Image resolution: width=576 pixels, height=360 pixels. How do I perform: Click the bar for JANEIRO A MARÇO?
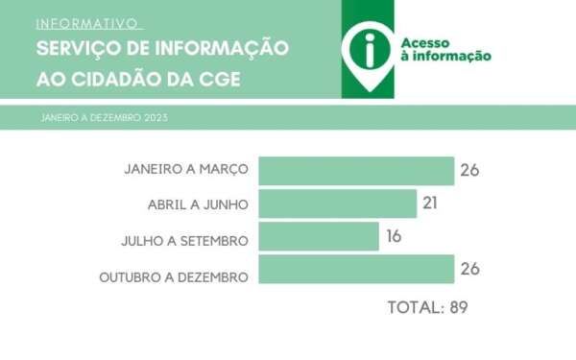(356, 170)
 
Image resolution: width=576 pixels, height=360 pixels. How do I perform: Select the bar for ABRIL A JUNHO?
(338, 204)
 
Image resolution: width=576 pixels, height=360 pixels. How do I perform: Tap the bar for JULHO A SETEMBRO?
(319, 236)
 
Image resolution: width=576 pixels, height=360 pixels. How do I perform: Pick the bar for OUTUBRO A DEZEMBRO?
(356, 270)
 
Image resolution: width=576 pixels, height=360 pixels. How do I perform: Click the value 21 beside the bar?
(431, 204)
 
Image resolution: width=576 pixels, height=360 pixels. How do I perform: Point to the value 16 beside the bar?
(393, 236)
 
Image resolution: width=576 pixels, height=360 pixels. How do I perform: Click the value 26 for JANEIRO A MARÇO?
(468, 170)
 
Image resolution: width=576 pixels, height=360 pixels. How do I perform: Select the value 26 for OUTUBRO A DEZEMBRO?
(468, 270)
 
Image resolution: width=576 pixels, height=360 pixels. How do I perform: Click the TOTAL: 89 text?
(425, 308)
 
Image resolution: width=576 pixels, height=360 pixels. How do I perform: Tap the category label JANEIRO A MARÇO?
(186, 170)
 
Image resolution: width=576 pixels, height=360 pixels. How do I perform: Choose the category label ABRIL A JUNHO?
(199, 204)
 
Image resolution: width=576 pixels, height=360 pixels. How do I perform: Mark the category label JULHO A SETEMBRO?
(191, 240)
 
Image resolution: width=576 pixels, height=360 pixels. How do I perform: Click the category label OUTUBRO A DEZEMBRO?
(174, 276)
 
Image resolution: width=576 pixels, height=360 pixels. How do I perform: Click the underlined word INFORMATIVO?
(88, 23)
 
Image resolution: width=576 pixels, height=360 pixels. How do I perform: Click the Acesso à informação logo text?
(445, 49)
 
